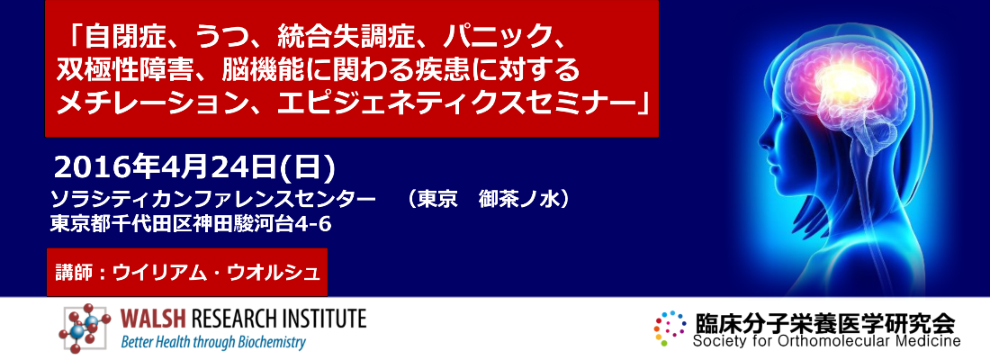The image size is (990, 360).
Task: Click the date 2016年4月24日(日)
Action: click(195, 167)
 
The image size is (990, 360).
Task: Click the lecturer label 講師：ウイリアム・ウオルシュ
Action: click(187, 271)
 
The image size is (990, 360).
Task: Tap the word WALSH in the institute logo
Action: click(148, 319)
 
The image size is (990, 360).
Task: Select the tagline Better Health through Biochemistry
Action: click(214, 342)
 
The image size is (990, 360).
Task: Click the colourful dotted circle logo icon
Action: click(670, 328)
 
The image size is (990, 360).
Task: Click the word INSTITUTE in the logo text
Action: click(319, 319)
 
